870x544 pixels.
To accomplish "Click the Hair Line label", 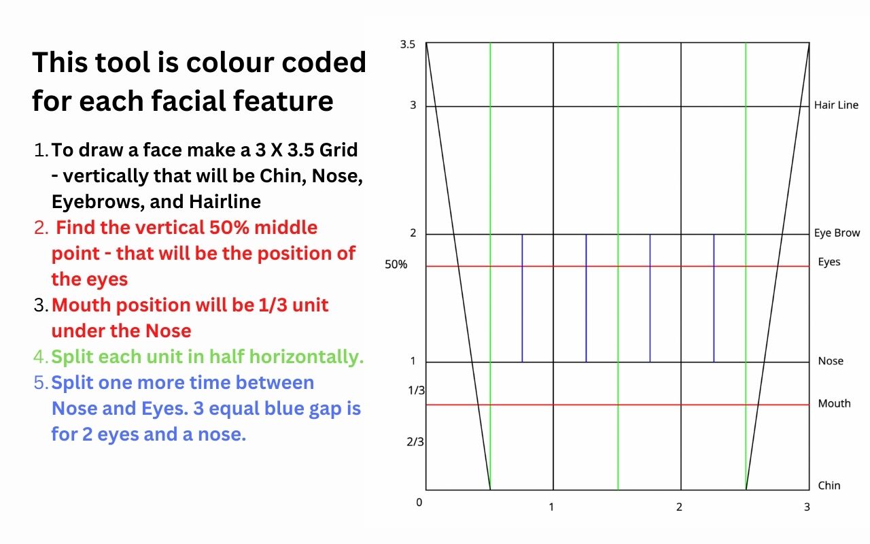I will point(836,105).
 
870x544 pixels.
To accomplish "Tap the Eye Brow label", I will point(837,233).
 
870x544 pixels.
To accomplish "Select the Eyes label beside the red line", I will point(829,262).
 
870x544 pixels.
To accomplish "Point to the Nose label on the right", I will point(831,361).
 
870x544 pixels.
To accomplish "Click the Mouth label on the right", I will point(834,404).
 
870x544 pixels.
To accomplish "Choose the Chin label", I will point(829,486).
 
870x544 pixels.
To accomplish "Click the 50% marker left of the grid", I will point(396,265).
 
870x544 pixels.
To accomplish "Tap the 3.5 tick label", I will point(408,44).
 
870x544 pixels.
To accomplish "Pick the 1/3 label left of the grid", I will point(416,390).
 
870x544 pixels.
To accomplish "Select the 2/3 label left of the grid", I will point(416,442).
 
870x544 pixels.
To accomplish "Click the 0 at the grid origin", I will point(419,503).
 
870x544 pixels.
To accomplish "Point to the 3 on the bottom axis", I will point(807,507).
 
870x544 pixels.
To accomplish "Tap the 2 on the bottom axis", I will point(679,507).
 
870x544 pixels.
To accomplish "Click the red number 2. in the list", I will point(41,228).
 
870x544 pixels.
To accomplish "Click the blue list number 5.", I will point(41,383).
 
